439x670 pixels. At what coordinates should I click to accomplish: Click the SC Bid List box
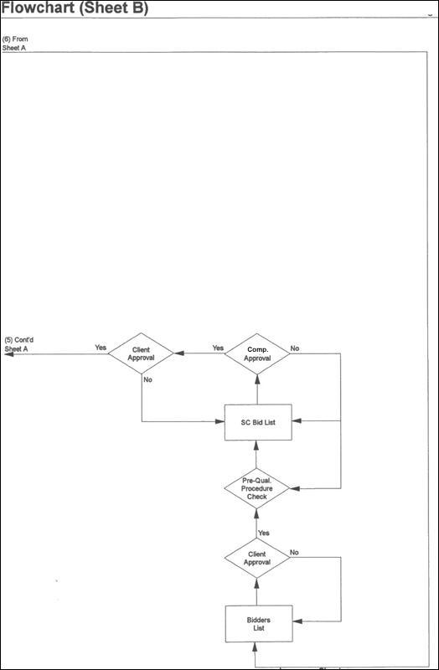[x=258, y=422]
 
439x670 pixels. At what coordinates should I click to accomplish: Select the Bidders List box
[x=259, y=623]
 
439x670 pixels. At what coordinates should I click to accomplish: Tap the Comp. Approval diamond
[x=257, y=353]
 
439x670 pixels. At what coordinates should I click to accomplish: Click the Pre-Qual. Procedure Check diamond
[x=256, y=488]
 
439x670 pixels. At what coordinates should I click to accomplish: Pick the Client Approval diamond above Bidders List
[x=257, y=558]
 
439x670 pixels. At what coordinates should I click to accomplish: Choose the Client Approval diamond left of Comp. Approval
[x=141, y=353]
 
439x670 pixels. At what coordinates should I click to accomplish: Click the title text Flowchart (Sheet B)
[x=75, y=8]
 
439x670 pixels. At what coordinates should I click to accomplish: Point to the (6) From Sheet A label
[x=15, y=44]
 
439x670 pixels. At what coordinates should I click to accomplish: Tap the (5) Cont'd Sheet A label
[x=18, y=344]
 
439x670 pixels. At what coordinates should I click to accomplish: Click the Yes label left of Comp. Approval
[x=218, y=348]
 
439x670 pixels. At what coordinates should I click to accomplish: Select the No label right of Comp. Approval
[x=295, y=348]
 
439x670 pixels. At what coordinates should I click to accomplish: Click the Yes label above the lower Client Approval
[x=264, y=533]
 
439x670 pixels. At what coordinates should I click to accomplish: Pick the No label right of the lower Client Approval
[x=294, y=553]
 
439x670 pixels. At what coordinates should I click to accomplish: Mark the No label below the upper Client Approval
[x=148, y=379]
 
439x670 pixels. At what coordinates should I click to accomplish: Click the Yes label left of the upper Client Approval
[x=101, y=348]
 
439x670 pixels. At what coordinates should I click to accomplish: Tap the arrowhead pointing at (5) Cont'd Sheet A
[x=8, y=353]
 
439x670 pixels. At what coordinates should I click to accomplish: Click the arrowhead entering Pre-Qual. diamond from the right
[x=295, y=488]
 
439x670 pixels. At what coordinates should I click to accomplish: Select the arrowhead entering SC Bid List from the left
[x=219, y=421]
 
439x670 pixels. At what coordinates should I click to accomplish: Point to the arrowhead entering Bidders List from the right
[x=297, y=621]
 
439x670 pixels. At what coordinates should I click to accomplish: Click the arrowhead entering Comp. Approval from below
[x=257, y=380]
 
